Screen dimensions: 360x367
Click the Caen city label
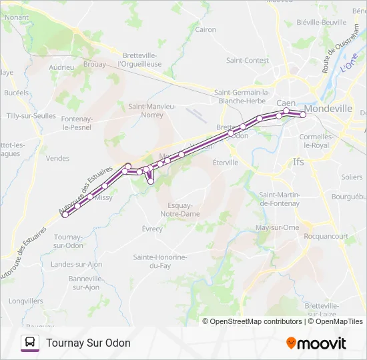pos(286,103)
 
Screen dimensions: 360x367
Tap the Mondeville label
pos(328,107)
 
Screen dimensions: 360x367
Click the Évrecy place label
pos(151,229)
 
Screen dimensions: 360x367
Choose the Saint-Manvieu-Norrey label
pos(152,110)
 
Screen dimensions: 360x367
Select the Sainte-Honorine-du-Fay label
pos(159,261)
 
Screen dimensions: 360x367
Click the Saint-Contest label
pos(247,60)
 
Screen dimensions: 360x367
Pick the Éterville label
pos(225,162)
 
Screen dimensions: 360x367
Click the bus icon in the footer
pos(30,343)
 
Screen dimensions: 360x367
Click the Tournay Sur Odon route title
pos(88,343)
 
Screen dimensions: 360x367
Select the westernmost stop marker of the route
pos(65,214)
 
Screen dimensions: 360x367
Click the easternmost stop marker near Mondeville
pos(303,115)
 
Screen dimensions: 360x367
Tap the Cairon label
pos(206,29)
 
